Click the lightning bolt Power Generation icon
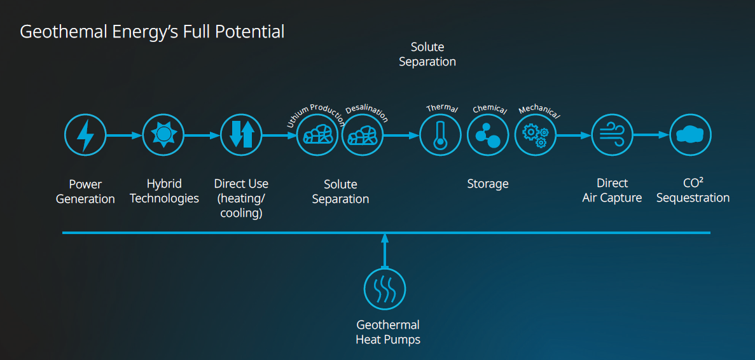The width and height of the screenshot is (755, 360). tap(85, 135)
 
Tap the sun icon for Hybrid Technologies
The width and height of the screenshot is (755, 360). tap(163, 135)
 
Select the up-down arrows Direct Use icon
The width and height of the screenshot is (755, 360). tap(242, 135)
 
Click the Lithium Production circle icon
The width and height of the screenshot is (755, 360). tap(317, 135)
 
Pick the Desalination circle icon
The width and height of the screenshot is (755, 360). tap(363, 135)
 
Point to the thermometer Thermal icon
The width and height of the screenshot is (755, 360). tap(440, 135)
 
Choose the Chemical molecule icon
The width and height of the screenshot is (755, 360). tap(488, 135)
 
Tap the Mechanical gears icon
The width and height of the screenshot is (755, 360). tap(535, 135)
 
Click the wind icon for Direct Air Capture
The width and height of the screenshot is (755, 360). tap(613, 135)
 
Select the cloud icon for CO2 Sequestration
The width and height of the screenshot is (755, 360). tap(691, 135)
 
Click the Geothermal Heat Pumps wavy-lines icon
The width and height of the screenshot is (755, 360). tap(384, 289)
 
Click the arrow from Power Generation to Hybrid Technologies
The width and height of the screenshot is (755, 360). tap(124, 135)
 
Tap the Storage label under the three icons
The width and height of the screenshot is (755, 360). tap(488, 184)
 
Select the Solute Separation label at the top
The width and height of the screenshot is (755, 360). tap(427, 54)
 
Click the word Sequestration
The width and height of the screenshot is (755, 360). tap(693, 198)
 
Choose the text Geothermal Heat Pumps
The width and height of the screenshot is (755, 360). tap(388, 332)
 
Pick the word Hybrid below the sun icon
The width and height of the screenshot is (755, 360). tap(164, 184)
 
